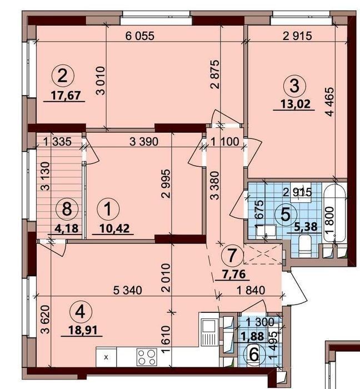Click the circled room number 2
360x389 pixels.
point(62,76)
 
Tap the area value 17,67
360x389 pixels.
point(66,95)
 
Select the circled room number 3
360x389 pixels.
point(295,86)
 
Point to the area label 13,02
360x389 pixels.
point(296,104)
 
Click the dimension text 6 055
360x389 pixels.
point(140,36)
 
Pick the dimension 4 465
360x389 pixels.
point(331,102)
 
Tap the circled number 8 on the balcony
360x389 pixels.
point(67,210)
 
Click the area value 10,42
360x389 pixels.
point(114,228)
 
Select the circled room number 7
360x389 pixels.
point(232,256)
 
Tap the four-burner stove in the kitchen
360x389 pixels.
point(147,357)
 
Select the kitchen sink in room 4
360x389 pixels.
point(208,332)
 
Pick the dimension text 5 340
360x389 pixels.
point(128,290)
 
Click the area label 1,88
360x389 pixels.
point(252,336)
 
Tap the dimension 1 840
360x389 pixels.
point(251,290)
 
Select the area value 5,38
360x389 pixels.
point(307,226)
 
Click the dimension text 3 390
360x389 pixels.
point(144,142)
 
